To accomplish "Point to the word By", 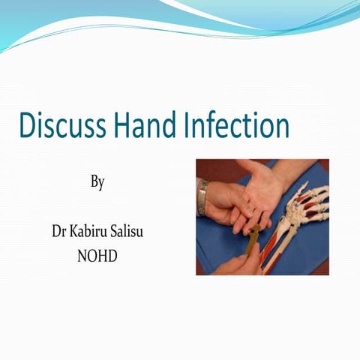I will click(x=97, y=181).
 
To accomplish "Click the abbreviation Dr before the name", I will click(x=59, y=230).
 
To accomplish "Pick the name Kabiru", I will click(x=94, y=230).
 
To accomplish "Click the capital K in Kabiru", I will click(x=78, y=230).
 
